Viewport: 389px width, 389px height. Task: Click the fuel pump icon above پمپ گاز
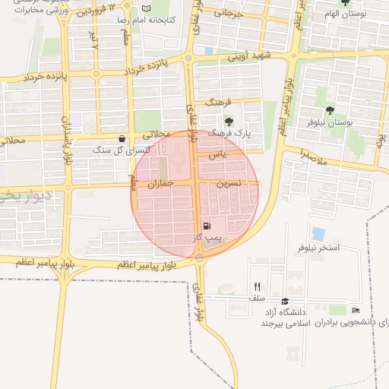point(207,226)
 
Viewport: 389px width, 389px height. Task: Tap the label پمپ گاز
point(207,238)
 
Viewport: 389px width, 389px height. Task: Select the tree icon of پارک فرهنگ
point(228,120)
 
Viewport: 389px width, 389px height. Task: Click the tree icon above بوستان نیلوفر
point(330,110)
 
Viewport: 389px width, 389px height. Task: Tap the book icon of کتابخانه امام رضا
point(147,8)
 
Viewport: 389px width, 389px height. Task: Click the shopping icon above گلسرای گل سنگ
point(122,138)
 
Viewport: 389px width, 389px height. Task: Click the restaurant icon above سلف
point(257,286)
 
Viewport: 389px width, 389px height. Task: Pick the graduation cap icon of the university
point(285,301)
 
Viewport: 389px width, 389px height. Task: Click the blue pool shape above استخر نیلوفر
point(318,234)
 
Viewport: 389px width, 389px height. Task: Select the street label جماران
point(159,183)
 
